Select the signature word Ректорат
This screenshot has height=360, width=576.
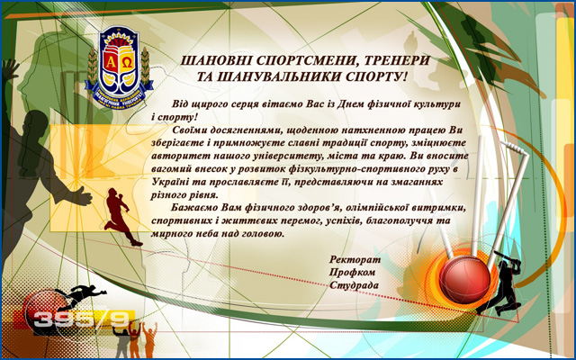[x=355, y=260]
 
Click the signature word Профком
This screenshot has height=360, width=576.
[x=352, y=273]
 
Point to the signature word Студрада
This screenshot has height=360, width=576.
[x=354, y=285]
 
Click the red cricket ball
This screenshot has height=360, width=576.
[x=464, y=280]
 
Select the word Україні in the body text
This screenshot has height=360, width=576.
[x=169, y=182]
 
